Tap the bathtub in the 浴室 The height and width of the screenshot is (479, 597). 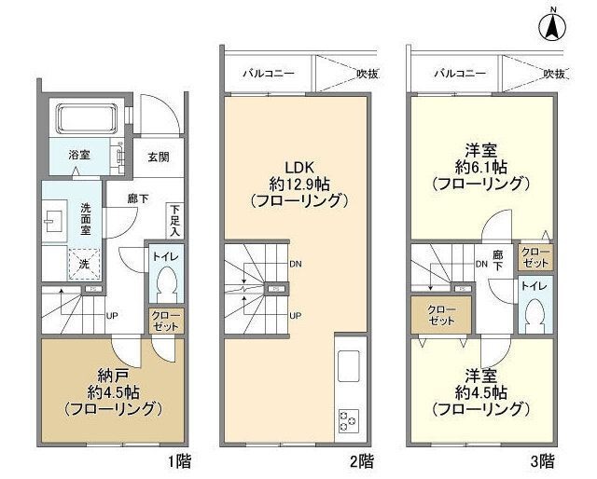coord(85,119)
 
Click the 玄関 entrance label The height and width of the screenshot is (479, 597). coord(159,157)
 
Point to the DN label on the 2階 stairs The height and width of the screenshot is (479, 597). coord(296,264)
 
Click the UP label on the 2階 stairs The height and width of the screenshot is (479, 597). coord(295,315)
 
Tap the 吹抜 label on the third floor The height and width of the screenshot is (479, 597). coord(554,73)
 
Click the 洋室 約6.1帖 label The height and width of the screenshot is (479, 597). coord(479,167)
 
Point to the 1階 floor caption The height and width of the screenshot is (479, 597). coord(176,461)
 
